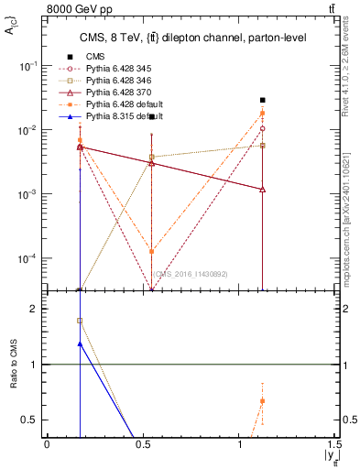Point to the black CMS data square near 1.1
click(263, 100)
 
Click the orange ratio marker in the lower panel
click(263, 401)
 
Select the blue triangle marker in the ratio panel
click(80, 344)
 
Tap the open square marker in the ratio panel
click(80, 321)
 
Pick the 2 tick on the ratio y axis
click(35, 309)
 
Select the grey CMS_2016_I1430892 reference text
click(190, 273)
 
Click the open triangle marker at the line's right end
click(263, 190)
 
